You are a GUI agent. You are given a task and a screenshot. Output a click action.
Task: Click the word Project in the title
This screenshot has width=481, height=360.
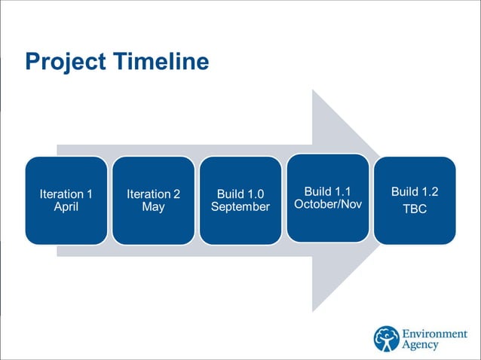pyautogui.click(x=64, y=62)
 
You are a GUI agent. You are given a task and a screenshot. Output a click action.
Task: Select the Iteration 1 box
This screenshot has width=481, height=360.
pyautogui.click(x=66, y=200)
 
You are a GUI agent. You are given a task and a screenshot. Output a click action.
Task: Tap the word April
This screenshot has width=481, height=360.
pyautogui.click(x=66, y=207)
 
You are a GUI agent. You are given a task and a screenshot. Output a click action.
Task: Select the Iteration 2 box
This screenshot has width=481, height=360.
pyautogui.click(x=153, y=200)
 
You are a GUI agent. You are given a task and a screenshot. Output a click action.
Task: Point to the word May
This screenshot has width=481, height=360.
pyautogui.click(x=153, y=207)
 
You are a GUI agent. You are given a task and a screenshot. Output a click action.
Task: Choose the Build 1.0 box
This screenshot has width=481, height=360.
pyautogui.click(x=240, y=200)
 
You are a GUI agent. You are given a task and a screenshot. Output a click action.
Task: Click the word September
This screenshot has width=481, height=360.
pyautogui.click(x=240, y=207)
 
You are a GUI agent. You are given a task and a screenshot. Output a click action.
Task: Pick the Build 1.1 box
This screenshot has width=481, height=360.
pyautogui.click(x=327, y=197)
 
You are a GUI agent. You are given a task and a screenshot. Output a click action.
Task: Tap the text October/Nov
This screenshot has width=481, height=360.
pyautogui.click(x=327, y=204)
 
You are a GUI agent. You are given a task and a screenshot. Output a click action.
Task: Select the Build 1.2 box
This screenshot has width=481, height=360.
pyautogui.click(x=415, y=200)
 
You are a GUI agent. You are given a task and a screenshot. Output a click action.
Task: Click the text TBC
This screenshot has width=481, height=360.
pyautogui.click(x=415, y=209)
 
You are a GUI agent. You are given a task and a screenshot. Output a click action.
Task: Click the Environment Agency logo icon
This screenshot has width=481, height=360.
pyautogui.click(x=387, y=339)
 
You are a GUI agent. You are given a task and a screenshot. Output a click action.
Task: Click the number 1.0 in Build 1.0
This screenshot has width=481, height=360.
pyautogui.click(x=255, y=194)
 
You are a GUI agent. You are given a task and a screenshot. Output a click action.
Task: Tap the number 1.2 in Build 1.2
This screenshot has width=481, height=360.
pyautogui.click(x=430, y=191)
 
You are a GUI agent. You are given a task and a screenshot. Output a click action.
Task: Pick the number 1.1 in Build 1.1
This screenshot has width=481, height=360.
pyautogui.click(x=342, y=191)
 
